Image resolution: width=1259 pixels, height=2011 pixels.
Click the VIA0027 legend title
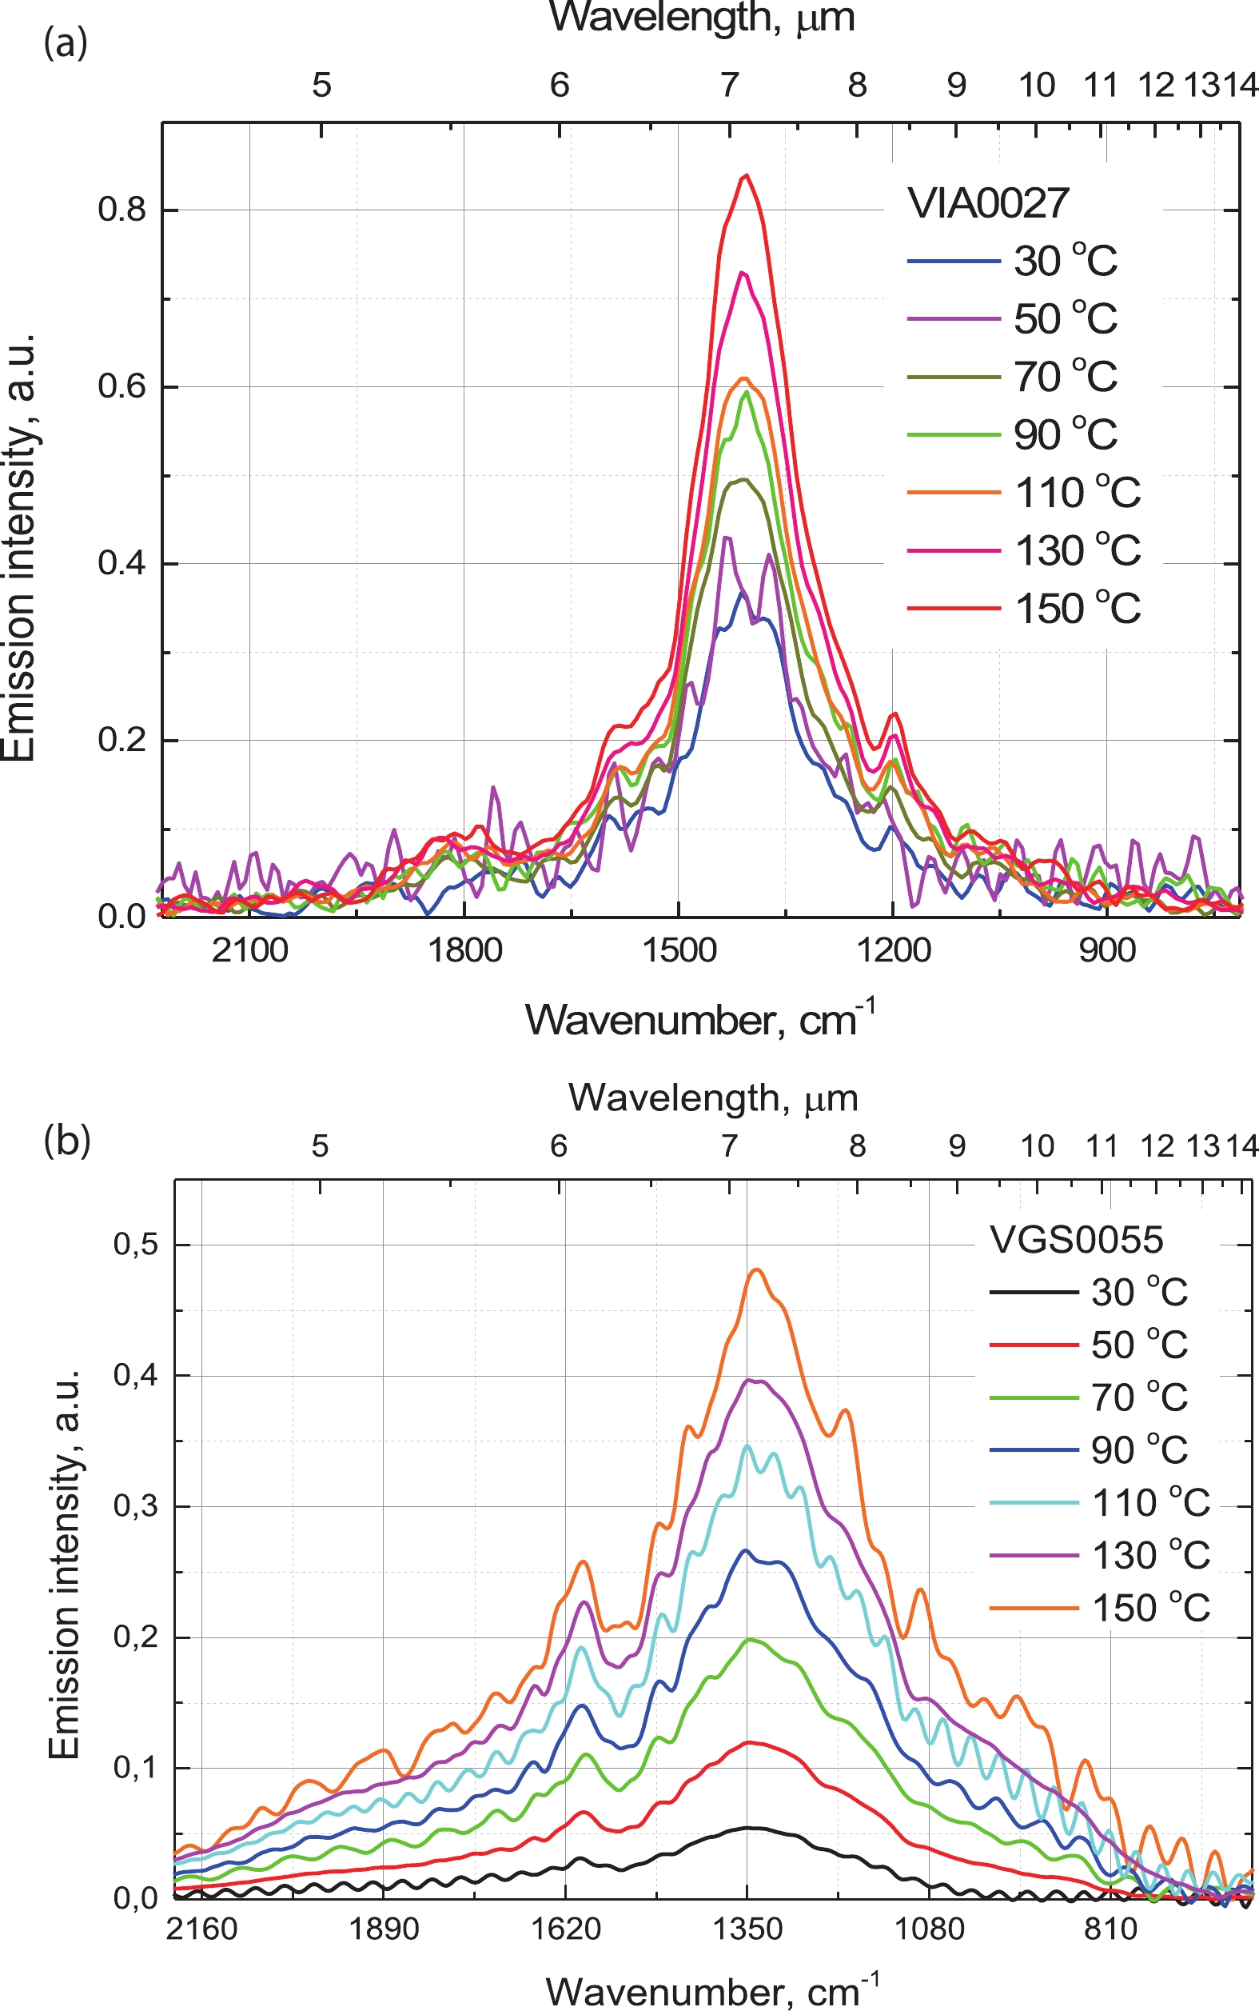tap(987, 203)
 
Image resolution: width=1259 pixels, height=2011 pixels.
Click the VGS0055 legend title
tap(1076, 1241)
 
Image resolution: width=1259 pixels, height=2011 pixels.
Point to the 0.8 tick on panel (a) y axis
tap(122, 210)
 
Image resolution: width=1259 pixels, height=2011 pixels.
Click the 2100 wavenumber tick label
tap(249, 950)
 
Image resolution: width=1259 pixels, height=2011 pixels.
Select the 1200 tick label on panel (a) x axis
tap(894, 950)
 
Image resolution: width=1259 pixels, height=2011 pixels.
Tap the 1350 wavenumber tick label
tap(747, 1929)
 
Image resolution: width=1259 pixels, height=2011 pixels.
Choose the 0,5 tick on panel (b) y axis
tap(135, 1245)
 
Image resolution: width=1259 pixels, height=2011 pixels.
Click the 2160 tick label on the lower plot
tap(201, 1929)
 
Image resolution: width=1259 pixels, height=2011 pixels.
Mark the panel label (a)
tap(65, 42)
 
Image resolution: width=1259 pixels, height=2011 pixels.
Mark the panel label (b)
tap(66, 1141)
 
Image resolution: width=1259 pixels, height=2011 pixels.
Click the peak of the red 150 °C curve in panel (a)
tap(746, 176)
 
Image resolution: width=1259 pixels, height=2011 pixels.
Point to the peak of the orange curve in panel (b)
tap(757, 1269)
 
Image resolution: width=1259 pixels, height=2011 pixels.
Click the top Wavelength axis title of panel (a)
tap(702, 18)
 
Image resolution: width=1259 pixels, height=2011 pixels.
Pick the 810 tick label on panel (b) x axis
tap(1111, 1929)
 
